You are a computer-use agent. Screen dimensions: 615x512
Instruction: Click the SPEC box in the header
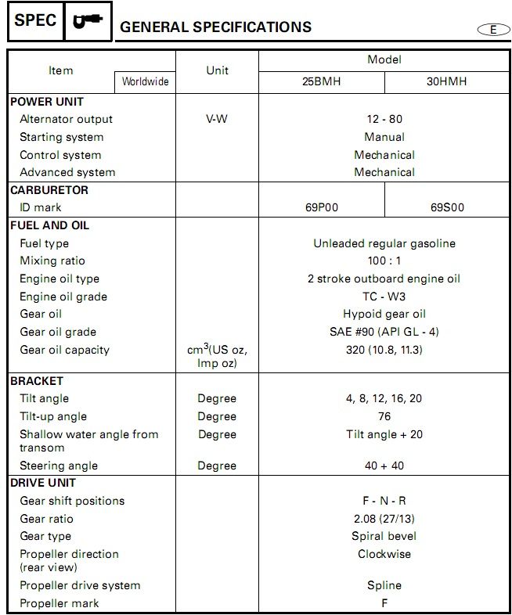pyautogui.click(x=35, y=21)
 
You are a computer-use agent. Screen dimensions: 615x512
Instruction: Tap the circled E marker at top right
pyautogui.click(x=492, y=29)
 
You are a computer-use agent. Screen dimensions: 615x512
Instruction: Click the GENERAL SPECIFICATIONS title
pyautogui.click(x=215, y=27)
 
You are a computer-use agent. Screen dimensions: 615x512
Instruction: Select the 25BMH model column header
pyautogui.click(x=321, y=81)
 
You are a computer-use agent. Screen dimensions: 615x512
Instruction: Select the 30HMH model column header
pyautogui.click(x=446, y=81)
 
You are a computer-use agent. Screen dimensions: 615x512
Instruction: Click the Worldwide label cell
pyautogui.click(x=146, y=81)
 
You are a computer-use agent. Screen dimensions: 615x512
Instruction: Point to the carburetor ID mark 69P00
pyautogui.click(x=321, y=207)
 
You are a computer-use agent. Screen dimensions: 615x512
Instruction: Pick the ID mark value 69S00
pyautogui.click(x=447, y=207)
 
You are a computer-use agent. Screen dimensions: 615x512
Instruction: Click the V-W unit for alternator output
pyautogui.click(x=217, y=119)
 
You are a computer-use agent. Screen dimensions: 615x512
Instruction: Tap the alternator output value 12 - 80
pyautogui.click(x=384, y=119)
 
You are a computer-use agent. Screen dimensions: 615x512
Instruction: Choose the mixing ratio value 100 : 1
pyautogui.click(x=384, y=261)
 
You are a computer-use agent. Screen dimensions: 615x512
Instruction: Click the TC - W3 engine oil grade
pyautogui.click(x=384, y=297)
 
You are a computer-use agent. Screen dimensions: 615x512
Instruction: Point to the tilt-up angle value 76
pyautogui.click(x=384, y=416)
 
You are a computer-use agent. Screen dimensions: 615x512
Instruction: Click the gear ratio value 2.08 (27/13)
pyautogui.click(x=384, y=519)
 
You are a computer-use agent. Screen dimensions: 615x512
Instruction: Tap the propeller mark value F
pyautogui.click(x=384, y=603)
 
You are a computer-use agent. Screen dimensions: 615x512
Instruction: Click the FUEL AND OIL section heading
pyautogui.click(x=49, y=225)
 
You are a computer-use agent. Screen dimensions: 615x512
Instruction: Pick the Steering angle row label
pyautogui.click(x=59, y=466)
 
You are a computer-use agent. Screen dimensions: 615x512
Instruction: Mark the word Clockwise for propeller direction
pyautogui.click(x=384, y=554)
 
